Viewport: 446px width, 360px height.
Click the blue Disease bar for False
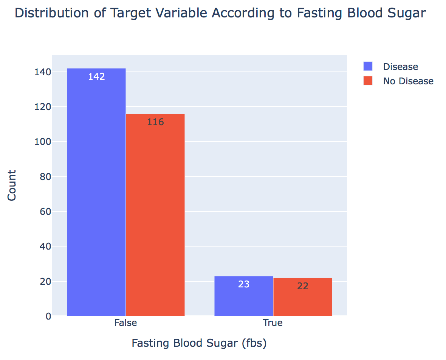tap(96, 192)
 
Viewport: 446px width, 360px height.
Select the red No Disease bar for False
tap(155, 215)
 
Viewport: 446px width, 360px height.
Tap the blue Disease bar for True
tap(244, 296)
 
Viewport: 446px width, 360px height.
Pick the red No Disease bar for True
tap(303, 297)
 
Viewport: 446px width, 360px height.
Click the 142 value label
tap(96, 76)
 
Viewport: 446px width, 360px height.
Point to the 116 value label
tap(156, 122)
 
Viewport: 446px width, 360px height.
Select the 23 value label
tap(244, 284)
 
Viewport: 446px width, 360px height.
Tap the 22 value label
tap(303, 286)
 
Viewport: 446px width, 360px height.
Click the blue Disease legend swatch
tap(368, 66)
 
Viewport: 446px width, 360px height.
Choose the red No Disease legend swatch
tap(368, 81)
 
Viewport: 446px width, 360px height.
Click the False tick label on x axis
tap(125, 323)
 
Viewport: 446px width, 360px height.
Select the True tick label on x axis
tap(273, 323)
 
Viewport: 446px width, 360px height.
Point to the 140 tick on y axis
tap(43, 72)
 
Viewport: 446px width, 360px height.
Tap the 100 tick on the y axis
tap(43, 142)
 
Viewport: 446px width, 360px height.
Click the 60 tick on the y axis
tap(45, 211)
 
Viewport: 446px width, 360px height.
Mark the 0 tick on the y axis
tap(48, 316)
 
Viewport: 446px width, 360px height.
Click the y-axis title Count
tap(12, 186)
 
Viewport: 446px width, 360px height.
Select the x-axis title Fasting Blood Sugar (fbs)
tap(199, 343)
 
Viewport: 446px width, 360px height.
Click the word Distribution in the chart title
tap(52, 13)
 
